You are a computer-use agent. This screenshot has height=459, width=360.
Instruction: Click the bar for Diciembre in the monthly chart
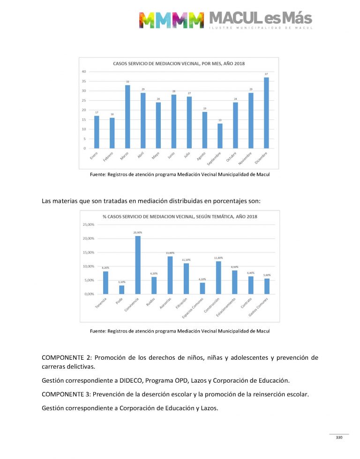(x=266, y=113)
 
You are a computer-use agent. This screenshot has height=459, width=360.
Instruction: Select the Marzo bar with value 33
(x=127, y=117)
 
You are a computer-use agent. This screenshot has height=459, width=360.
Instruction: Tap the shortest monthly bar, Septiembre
(x=220, y=136)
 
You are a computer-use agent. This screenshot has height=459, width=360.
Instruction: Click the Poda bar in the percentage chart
(x=121, y=289)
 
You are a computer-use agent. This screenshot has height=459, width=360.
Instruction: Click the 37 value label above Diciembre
(x=266, y=74)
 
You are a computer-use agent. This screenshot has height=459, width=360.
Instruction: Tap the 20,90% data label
(x=138, y=232)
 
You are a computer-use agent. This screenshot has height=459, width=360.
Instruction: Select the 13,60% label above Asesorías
(x=170, y=253)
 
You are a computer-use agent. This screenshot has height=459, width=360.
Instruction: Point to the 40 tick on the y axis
(x=83, y=72)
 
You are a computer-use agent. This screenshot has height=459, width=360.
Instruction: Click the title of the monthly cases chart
(x=179, y=63)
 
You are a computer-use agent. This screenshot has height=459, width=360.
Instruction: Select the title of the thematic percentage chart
(x=180, y=216)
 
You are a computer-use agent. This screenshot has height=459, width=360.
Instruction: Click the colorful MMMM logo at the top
(x=171, y=20)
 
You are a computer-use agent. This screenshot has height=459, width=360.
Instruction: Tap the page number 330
(x=339, y=437)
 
